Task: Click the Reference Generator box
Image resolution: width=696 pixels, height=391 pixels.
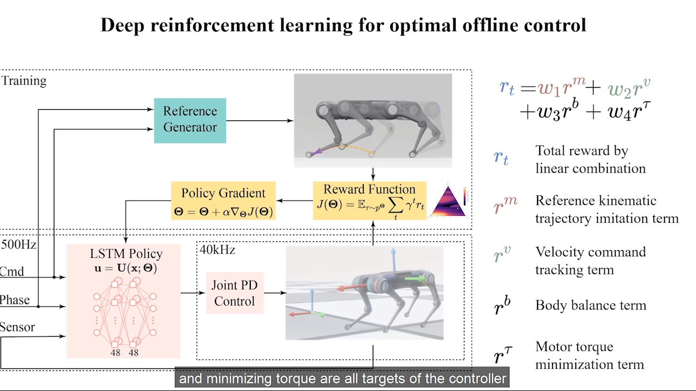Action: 190,120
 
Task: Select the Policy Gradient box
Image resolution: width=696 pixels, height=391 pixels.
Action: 223,202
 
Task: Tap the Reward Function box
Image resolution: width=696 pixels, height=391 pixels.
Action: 369,200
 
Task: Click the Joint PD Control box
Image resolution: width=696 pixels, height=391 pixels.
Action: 234,293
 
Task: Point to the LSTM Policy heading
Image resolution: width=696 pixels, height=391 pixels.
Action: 126,254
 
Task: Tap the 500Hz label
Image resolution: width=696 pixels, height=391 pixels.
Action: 18,244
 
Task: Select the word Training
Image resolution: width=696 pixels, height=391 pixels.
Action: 24,81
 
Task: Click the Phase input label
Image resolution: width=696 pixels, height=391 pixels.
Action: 15,300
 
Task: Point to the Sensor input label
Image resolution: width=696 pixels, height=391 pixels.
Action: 17,327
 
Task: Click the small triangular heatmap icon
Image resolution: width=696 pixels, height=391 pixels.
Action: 449,201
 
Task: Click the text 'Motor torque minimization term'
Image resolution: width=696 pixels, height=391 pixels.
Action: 590,356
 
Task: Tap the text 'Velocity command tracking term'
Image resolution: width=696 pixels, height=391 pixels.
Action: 590,261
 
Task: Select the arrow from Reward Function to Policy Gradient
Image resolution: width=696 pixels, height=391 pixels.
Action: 294,200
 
